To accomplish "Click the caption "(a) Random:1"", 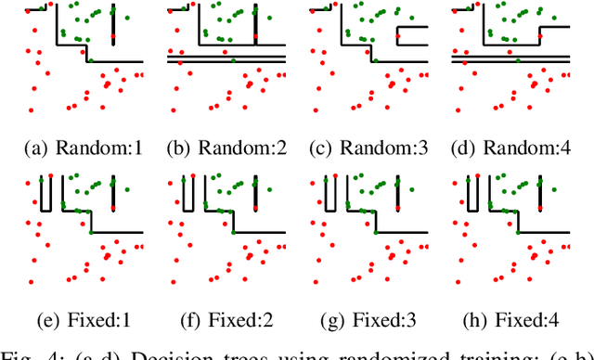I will click(82, 148).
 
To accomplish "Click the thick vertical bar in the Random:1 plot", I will click(112, 23).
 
